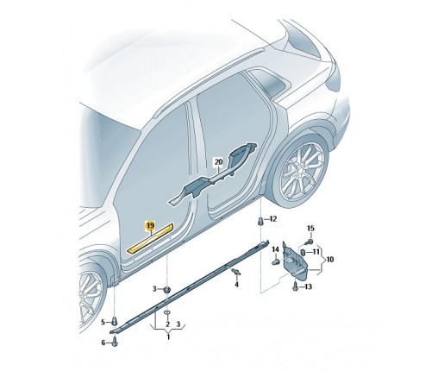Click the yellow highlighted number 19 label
coord(150,226)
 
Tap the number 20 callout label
coord(219,162)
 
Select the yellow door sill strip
coord(151,238)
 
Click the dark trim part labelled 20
coord(213,173)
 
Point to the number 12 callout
coord(272,219)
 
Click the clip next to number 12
coord(260,222)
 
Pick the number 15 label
coord(310,229)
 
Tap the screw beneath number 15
coord(310,241)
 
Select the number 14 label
coord(275,249)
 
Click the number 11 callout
coord(316,252)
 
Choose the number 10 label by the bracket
coord(329,260)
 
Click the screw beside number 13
coord(295,286)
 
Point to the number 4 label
coord(236,285)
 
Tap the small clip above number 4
coord(237,271)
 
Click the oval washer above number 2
coord(167,312)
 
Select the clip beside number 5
coord(115,321)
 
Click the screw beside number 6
coord(115,342)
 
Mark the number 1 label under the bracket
coord(168,336)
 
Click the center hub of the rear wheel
coord(301,173)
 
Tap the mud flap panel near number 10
coord(295,260)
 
